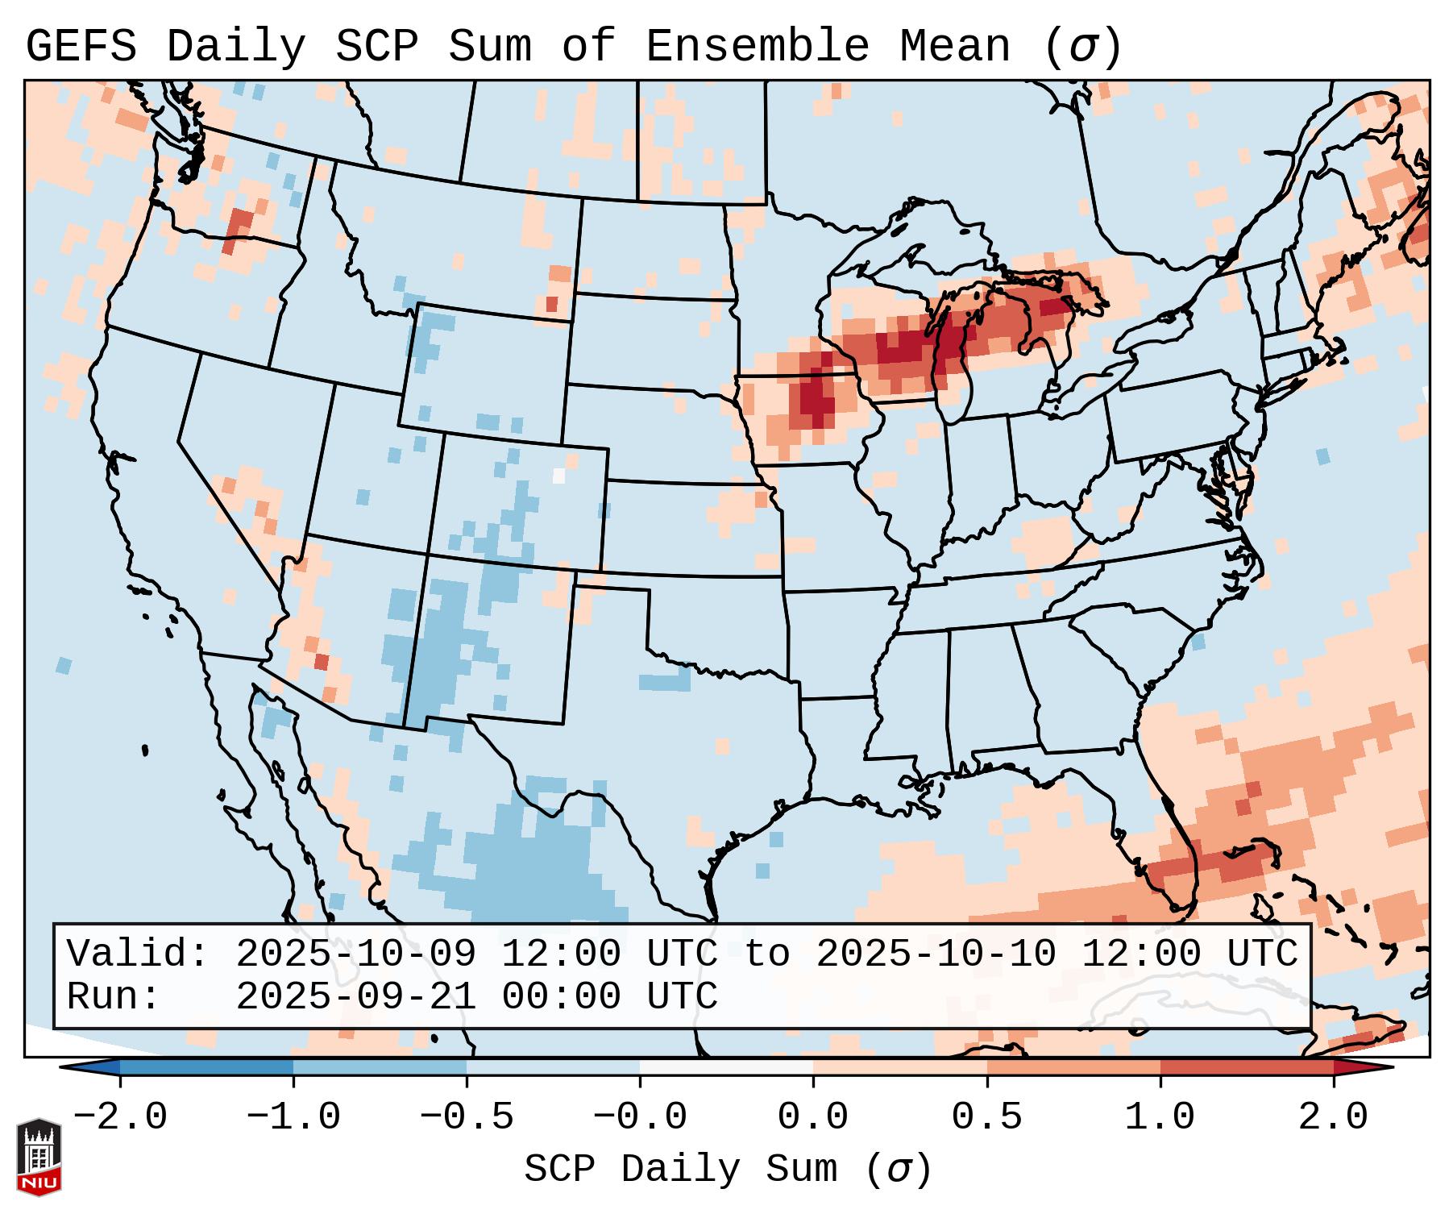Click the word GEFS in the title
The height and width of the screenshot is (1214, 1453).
(x=81, y=47)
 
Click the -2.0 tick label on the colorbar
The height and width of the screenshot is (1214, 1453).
(x=120, y=1117)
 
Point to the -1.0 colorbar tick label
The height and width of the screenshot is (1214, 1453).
(x=293, y=1117)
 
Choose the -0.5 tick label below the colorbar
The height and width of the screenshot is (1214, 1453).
(x=467, y=1117)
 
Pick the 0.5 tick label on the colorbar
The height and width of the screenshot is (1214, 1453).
(x=986, y=1117)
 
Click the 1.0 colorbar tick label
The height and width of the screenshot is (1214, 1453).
(x=1160, y=1117)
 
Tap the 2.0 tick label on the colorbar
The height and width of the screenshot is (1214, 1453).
(x=1333, y=1117)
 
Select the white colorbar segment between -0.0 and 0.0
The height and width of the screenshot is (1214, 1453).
(x=726, y=1067)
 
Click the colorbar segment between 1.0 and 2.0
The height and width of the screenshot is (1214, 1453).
(x=1247, y=1067)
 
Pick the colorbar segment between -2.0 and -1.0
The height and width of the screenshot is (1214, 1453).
(x=206, y=1067)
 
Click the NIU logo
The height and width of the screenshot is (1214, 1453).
(x=39, y=1158)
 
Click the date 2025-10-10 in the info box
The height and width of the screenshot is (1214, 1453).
(x=936, y=954)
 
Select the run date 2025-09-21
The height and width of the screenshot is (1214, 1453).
(x=355, y=997)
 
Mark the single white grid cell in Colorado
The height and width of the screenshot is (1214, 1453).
(x=558, y=475)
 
